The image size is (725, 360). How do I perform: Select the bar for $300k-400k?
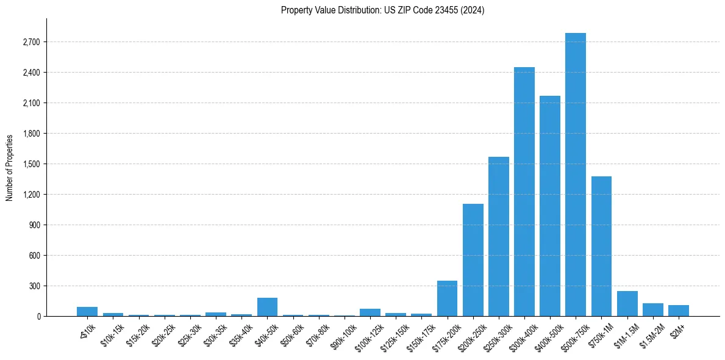(x=524, y=192)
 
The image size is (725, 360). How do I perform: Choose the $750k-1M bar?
(x=601, y=247)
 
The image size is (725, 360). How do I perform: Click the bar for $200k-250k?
(x=473, y=260)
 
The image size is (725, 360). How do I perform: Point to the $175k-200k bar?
(x=447, y=298)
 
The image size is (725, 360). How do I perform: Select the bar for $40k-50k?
(x=267, y=307)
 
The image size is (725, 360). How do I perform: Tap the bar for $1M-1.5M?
(x=627, y=304)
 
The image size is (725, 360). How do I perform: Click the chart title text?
(x=382, y=10)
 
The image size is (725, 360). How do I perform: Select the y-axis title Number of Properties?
(x=10, y=167)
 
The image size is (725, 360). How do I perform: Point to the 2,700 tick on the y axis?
(x=30, y=42)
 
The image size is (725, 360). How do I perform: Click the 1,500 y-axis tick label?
(x=30, y=164)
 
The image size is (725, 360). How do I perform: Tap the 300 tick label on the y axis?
(x=34, y=286)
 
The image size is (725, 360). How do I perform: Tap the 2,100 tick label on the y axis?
(x=30, y=103)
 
